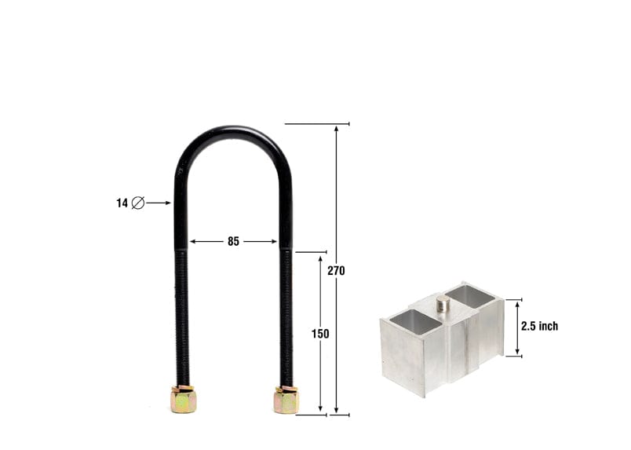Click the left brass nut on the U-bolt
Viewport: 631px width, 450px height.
pos(183,400)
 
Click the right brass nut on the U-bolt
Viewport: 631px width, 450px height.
pos(286,400)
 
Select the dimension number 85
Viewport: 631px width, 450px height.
pos(233,242)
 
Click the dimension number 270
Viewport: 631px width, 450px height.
pos(337,271)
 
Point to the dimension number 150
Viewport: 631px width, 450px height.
pos(320,334)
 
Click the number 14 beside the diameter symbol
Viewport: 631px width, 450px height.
pos(122,203)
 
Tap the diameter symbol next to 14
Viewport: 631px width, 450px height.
pos(138,203)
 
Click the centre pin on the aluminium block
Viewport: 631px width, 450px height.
pos(443,304)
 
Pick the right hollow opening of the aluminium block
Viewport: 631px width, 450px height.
pos(469,295)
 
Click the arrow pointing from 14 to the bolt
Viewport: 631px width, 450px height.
pos(159,203)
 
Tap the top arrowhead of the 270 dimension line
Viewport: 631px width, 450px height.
pos(337,128)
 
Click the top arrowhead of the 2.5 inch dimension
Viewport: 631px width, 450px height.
pos(517,303)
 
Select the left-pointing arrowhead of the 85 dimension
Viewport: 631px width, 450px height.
pos(193,242)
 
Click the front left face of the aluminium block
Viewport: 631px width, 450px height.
pos(403,357)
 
